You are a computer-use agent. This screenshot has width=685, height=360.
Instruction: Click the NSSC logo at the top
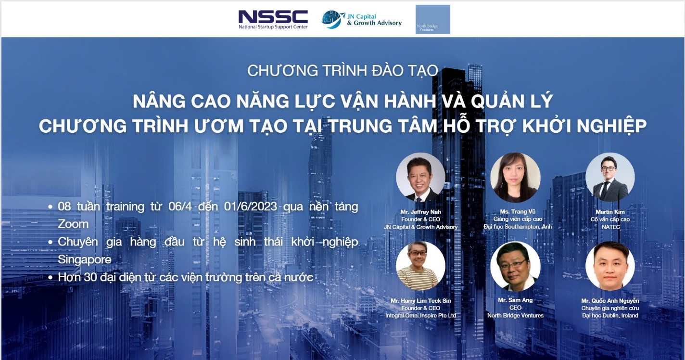[273, 19]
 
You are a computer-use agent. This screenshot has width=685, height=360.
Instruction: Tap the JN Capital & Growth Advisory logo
[362, 19]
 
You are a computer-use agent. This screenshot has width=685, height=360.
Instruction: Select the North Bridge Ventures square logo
[433, 19]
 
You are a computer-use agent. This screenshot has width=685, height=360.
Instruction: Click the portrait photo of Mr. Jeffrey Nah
[420, 177]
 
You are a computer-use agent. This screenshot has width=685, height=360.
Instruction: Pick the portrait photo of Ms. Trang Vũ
[515, 177]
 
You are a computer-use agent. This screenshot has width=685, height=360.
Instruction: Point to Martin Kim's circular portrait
[610, 177]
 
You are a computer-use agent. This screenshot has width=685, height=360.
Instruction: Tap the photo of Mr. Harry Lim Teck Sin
[420, 266]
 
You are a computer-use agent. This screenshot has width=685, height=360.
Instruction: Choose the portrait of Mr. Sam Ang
[515, 266]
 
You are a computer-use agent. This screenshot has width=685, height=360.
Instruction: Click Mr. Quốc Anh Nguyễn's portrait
[610, 266]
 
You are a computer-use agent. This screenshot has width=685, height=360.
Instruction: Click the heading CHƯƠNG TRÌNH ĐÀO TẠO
[342, 71]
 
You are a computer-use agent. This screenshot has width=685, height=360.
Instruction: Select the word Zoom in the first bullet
[73, 224]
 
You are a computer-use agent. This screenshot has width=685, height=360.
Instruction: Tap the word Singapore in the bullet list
[84, 260]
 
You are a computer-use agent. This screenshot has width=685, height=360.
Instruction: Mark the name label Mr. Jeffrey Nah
[420, 212]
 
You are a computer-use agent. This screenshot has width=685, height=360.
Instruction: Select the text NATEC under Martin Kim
[611, 227]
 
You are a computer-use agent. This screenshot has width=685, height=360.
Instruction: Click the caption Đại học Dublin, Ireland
[610, 316]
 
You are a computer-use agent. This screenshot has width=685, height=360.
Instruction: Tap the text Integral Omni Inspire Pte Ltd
[420, 316]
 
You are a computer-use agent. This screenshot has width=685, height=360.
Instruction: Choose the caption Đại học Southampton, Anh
[518, 227]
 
